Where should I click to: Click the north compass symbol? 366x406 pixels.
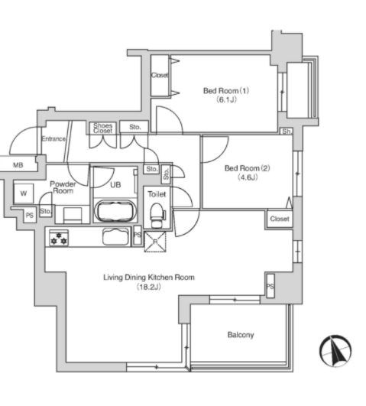click(x=335, y=351)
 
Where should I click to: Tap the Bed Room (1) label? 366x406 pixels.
click(x=226, y=91)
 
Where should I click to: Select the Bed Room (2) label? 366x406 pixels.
click(x=248, y=168)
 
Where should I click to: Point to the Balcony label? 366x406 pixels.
click(x=241, y=335)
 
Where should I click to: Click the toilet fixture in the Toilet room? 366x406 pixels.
click(x=157, y=215)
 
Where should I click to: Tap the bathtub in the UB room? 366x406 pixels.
click(x=115, y=211)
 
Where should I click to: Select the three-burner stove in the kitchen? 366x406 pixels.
click(x=59, y=239)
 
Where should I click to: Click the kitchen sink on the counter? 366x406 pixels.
click(x=115, y=236)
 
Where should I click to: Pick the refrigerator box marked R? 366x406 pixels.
click(x=155, y=242)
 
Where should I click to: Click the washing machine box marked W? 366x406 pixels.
click(x=24, y=193)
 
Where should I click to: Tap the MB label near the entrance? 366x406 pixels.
click(x=18, y=165)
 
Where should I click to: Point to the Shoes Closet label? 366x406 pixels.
click(x=103, y=128)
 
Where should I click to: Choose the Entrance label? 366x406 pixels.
click(x=53, y=139)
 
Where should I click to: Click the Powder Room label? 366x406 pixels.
click(x=63, y=187)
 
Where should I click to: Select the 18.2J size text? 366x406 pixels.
click(x=149, y=287)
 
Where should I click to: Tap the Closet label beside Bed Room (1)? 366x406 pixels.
click(x=160, y=75)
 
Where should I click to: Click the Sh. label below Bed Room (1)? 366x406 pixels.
click(x=287, y=132)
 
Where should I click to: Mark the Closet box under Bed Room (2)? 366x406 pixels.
click(x=280, y=219)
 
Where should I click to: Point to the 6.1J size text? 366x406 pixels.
click(x=226, y=99)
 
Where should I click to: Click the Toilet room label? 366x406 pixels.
click(x=157, y=194)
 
